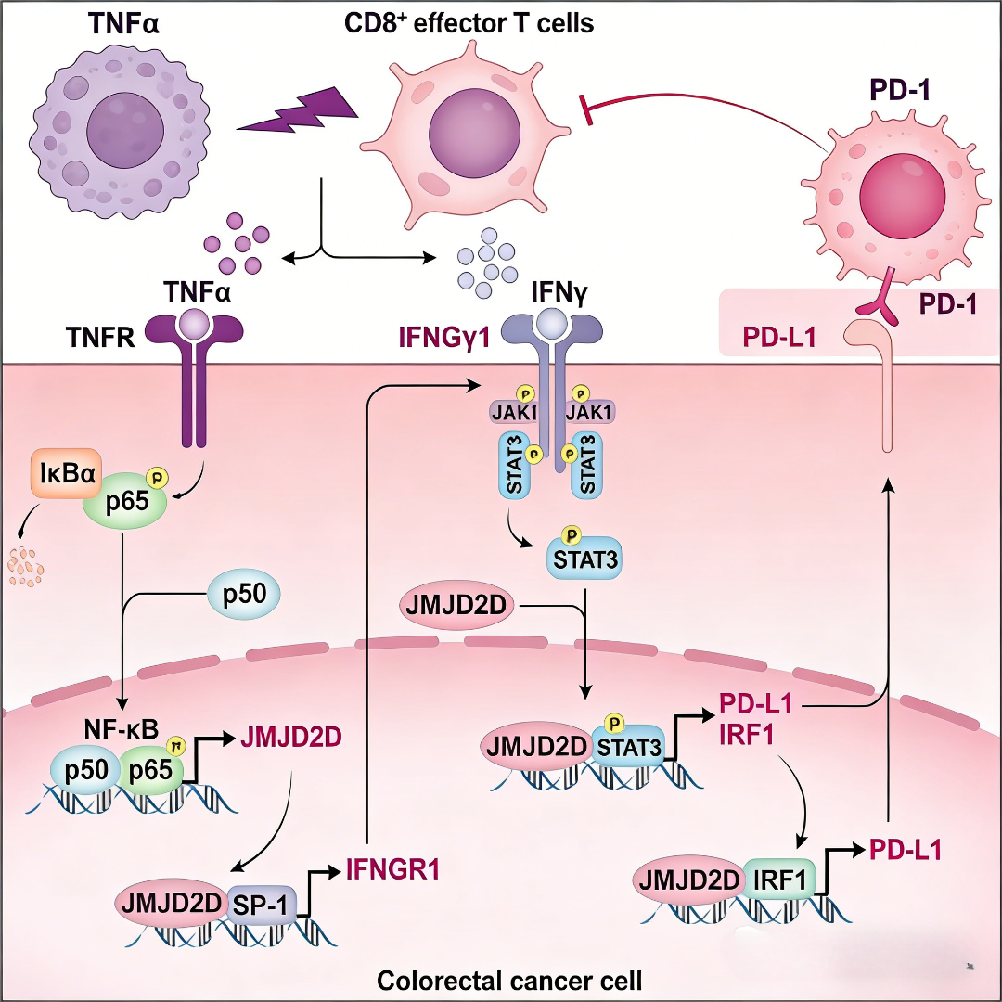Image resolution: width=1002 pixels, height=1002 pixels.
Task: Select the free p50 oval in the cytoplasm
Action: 247,594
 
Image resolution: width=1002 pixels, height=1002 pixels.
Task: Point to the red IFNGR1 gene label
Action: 392,870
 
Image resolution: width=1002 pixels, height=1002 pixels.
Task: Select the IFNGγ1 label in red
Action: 443,336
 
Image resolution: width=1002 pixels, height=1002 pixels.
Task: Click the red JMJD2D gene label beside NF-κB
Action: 289,739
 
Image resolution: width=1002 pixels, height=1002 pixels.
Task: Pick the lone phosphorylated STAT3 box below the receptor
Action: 584,559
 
